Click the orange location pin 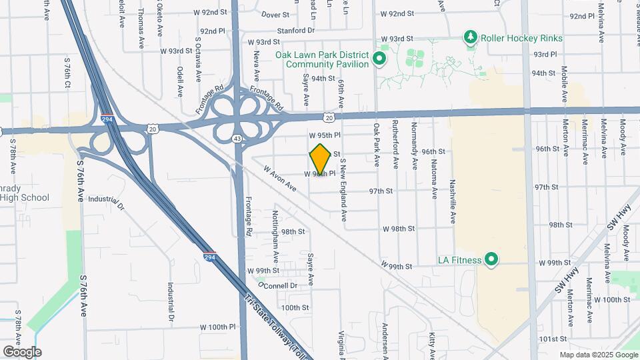pyautogui.click(x=320, y=159)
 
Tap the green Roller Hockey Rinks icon pyautogui.click(x=471, y=37)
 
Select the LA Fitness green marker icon pyautogui.click(x=492, y=259)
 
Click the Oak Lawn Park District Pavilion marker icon pyautogui.click(x=379, y=59)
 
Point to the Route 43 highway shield pyautogui.click(x=237, y=138)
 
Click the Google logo pyautogui.click(x=22, y=352)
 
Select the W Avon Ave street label pyautogui.click(x=279, y=178)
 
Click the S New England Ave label pyautogui.click(x=343, y=190)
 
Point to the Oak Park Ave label pyautogui.click(x=377, y=145)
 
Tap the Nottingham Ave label pyautogui.click(x=275, y=237)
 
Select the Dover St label pyautogui.click(x=275, y=14)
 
